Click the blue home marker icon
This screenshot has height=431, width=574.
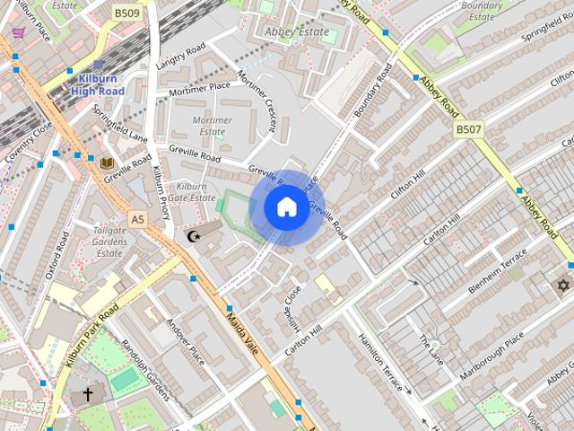(x=285, y=207)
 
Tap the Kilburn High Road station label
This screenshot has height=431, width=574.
(x=98, y=84)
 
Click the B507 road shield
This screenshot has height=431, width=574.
(x=468, y=130)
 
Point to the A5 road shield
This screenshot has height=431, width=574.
(x=136, y=219)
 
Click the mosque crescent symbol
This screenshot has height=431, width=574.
(x=194, y=236)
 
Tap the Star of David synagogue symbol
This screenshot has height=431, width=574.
(x=563, y=286)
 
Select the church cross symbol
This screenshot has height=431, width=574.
(x=88, y=394)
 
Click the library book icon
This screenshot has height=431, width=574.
(x=107, y=163)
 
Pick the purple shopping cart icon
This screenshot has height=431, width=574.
(x=19, y=33)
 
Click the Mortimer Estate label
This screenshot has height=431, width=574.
(x=212, y=126)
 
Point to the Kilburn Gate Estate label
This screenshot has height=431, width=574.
(x=192, y=191)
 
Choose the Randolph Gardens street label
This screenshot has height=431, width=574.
(x=146, y=372)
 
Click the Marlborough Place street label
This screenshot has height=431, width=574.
(x=491, y=356)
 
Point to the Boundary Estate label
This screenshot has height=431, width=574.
(x=482, y=11)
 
